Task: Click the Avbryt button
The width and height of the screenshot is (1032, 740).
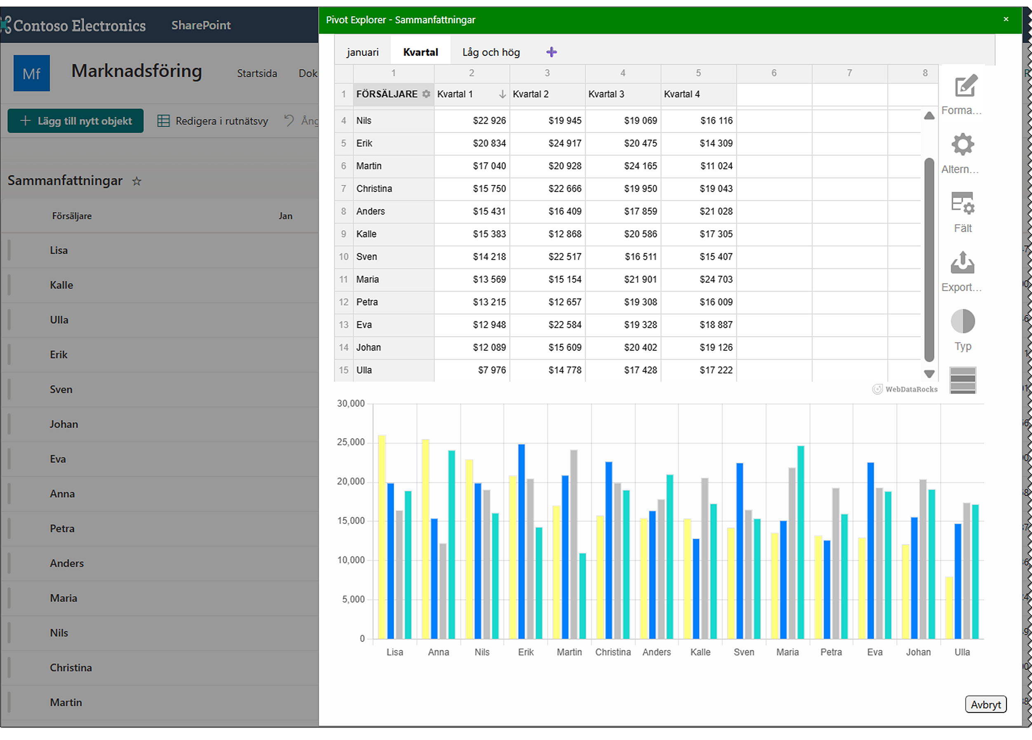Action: point(985,704)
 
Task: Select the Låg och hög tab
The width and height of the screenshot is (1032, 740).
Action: point(491,52)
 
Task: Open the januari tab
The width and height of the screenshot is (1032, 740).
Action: point(362,52)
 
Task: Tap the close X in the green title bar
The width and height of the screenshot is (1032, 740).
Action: point(1006,19)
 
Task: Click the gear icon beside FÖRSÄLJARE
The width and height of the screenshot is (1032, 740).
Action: point(426,94)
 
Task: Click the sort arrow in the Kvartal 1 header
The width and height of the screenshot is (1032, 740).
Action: point(502,94)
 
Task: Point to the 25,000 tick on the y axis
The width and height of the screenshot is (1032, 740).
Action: point(350,442)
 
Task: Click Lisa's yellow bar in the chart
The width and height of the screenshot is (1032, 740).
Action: point(382,537)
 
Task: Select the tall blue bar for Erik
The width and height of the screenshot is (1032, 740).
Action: point(521,542)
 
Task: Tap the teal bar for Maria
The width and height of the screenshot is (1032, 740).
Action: point(800,542)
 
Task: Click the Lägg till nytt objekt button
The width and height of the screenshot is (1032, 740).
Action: point(75,121)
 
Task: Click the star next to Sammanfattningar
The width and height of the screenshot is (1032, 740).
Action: point(136,181)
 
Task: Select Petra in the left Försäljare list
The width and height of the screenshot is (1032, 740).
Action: point(62,528)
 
